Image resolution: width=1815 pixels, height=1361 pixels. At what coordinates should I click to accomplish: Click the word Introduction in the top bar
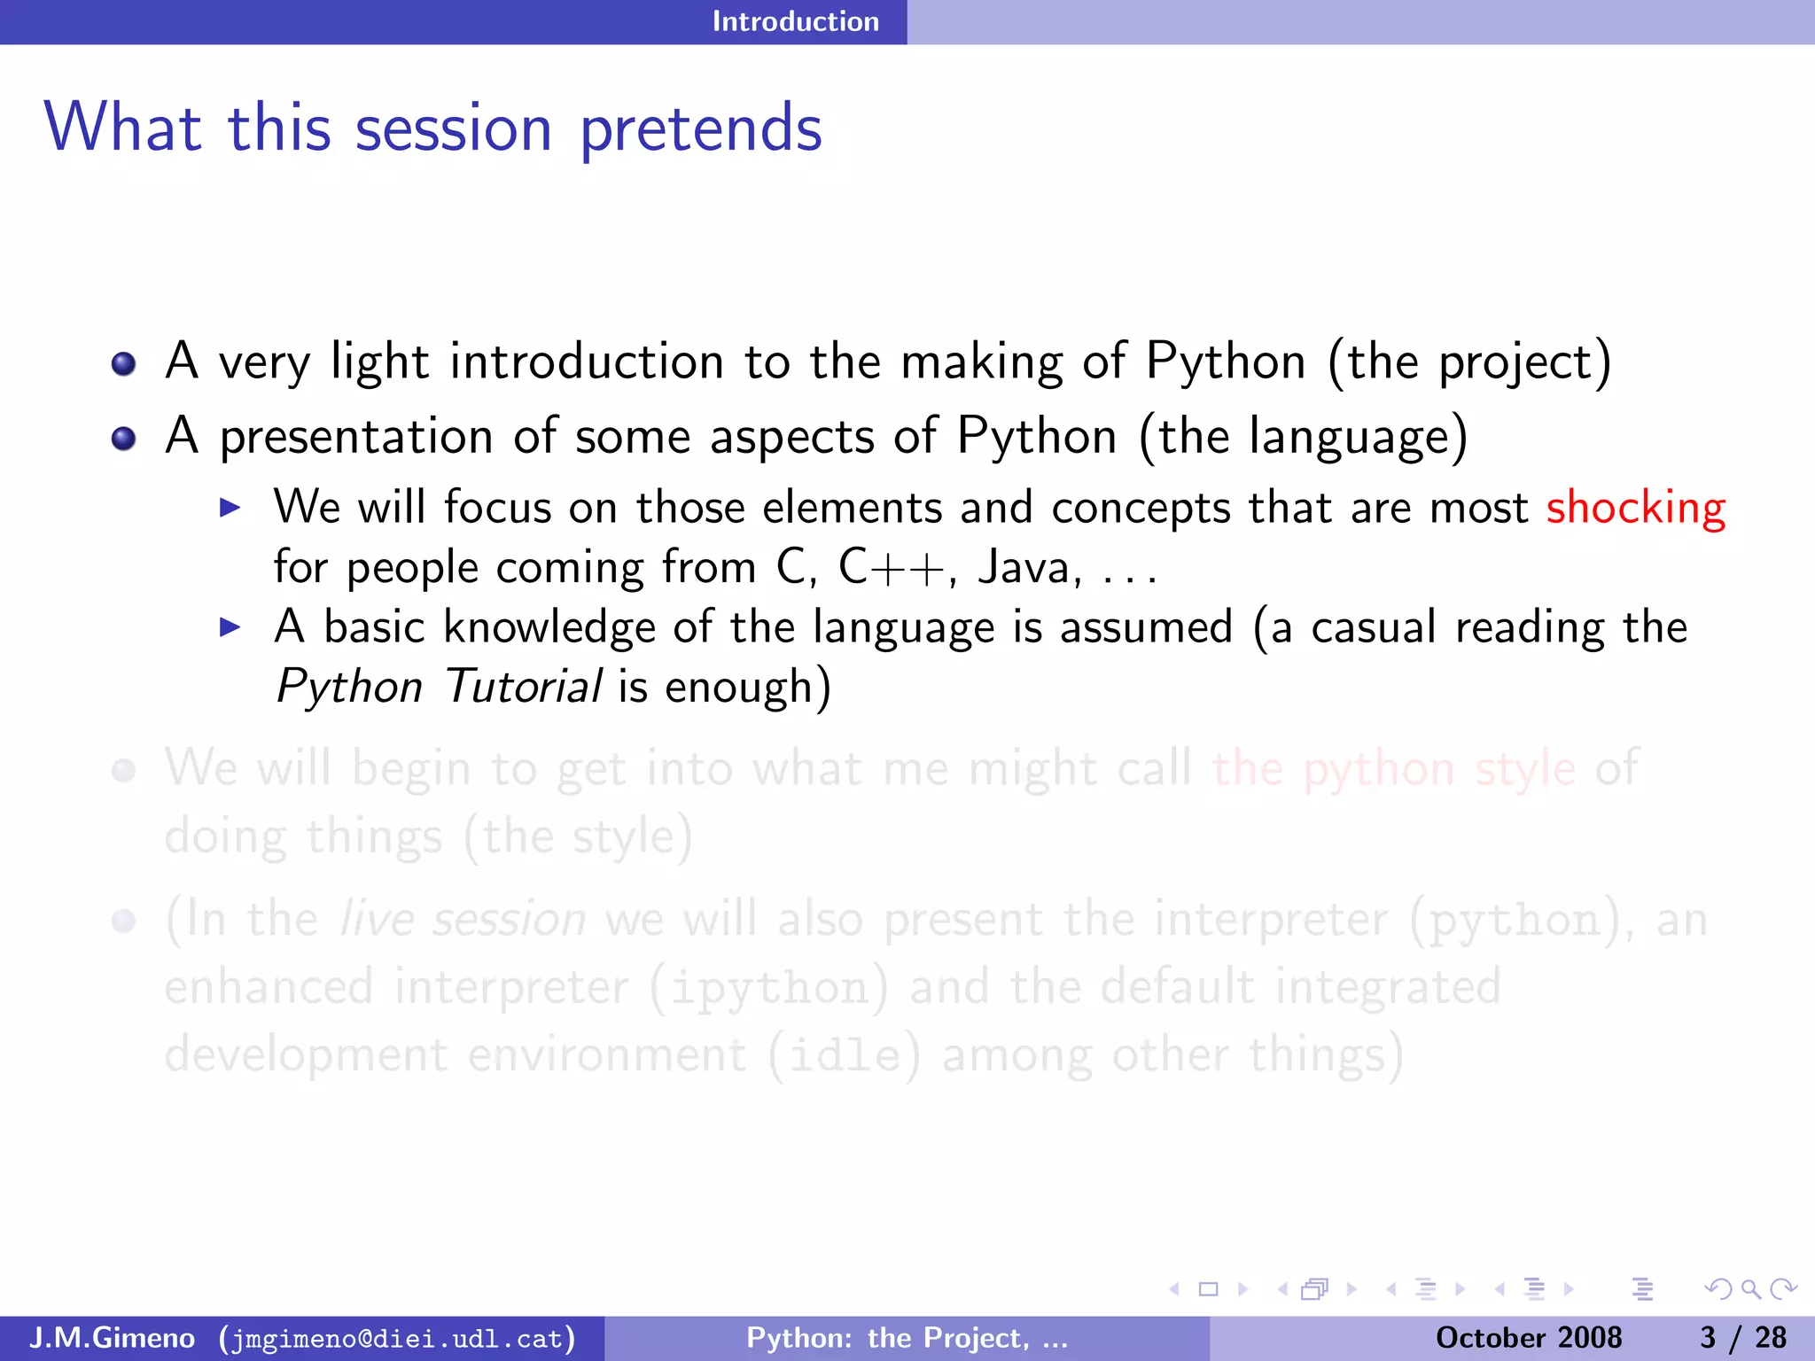[795, 21]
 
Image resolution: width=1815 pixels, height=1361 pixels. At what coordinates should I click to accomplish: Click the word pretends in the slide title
[700, 129]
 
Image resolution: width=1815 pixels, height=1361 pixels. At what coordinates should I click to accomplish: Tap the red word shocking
[1635, 509]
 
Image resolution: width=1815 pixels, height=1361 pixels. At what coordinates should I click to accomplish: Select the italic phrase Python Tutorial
[439, 687]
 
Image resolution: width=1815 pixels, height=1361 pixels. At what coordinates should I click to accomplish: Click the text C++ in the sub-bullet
[892, 567]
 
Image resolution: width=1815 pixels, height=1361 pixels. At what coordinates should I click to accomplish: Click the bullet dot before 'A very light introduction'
[123, 363]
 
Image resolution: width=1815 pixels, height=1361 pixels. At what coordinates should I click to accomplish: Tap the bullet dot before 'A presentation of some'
[123, 438]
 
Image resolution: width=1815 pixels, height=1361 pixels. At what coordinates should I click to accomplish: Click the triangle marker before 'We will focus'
[230, 508]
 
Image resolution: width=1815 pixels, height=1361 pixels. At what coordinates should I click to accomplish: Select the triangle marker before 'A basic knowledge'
[230, 627]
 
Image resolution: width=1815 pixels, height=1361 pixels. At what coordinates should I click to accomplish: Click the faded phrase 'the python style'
[1393, 768]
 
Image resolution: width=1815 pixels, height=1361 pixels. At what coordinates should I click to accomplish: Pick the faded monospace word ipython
[768, 988]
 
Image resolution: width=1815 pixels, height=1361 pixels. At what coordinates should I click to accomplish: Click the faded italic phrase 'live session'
[463, 920]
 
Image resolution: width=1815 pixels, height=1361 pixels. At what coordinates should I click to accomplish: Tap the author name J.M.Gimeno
[112, 1337]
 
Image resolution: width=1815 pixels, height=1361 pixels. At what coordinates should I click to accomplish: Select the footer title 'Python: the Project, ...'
[907, 1337]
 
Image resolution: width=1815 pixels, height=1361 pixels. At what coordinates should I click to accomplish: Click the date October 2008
[1528, 1337]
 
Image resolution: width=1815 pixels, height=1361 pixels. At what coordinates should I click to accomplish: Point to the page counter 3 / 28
[1742, 1337]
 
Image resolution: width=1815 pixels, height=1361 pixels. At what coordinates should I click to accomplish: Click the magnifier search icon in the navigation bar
[1750, 1289]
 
